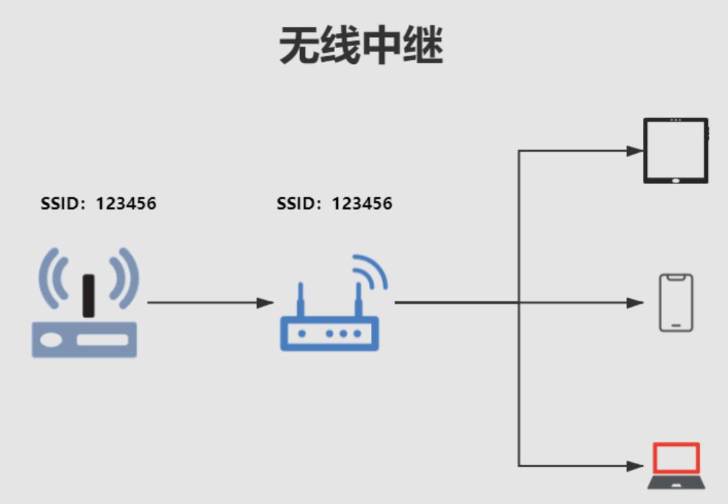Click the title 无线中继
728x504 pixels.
tap(361, 47)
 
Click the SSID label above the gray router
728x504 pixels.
tap(98, 203)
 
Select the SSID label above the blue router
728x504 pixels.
tap(334, 203)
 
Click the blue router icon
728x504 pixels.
tap(330, 323)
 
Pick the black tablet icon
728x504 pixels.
tap(675, 150)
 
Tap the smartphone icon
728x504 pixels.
tap(676, 303)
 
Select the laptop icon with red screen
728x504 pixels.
tap(676, 466)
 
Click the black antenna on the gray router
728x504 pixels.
tap(88, 295)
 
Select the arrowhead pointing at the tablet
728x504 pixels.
tap(635, 151)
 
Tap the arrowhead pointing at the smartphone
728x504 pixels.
tap(635, 302)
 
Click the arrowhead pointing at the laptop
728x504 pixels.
tap(635, 466)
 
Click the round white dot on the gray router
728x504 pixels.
tap(50, 340)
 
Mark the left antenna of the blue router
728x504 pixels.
tap(300, 300)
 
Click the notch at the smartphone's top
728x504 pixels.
tap(676, 277)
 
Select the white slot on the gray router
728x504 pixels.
tap(102, 340)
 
